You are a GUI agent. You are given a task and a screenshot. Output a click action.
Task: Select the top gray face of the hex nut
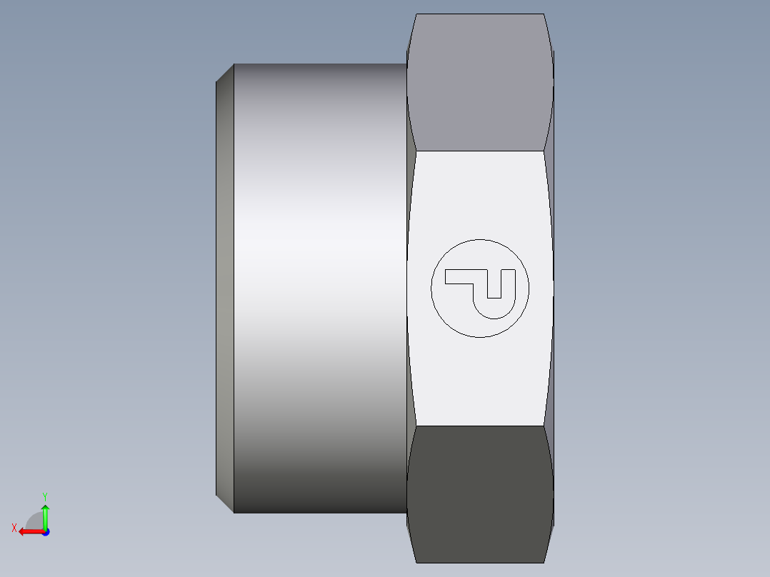(479, 82)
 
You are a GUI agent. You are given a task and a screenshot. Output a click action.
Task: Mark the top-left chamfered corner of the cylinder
(225, 72)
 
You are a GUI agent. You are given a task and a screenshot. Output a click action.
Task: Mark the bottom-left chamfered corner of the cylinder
(225, 504)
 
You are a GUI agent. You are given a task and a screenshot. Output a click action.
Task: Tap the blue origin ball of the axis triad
(45, 531)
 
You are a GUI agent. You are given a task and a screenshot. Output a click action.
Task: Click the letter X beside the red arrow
(14, 528)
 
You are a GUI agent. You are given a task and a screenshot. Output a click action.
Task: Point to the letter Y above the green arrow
(44, 496)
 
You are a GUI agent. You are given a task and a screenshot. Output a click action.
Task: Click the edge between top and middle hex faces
(479, 151)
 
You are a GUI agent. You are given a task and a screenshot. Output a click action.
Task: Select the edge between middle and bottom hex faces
(479, 426)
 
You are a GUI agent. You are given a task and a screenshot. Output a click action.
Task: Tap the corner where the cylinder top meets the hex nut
(406, 64)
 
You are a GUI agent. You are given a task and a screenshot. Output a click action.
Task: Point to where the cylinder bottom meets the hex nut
(406, 513)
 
